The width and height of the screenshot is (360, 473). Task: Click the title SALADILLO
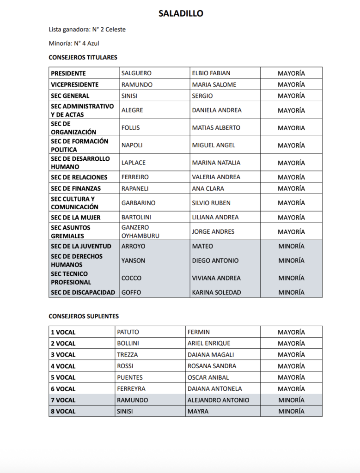point(181,14)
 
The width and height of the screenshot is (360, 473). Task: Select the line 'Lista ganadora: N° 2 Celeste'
point(87,30)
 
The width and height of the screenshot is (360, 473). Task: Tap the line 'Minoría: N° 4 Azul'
point(74,44)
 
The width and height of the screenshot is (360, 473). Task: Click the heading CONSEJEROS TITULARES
point(83,58)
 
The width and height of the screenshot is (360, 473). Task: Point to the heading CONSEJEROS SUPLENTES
point(84,316)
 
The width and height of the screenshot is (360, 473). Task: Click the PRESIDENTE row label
point(68,73)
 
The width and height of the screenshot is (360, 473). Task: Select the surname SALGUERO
point(136,73)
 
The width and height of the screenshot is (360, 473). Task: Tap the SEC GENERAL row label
point(70,96)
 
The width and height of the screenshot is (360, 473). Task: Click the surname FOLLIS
point(130,128)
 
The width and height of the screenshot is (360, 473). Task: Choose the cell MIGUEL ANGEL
point(214,146)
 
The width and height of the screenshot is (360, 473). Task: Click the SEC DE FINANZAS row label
point(76,188)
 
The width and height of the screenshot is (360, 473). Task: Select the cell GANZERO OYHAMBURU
point(140,232)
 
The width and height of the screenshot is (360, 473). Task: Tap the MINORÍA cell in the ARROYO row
point(291,247)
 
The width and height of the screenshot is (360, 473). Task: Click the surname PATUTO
point(128,332)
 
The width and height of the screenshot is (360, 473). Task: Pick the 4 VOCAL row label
point(63,366)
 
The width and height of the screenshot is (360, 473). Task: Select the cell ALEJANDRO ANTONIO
point(218,400)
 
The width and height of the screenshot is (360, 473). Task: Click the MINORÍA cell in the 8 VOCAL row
point(291,412)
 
